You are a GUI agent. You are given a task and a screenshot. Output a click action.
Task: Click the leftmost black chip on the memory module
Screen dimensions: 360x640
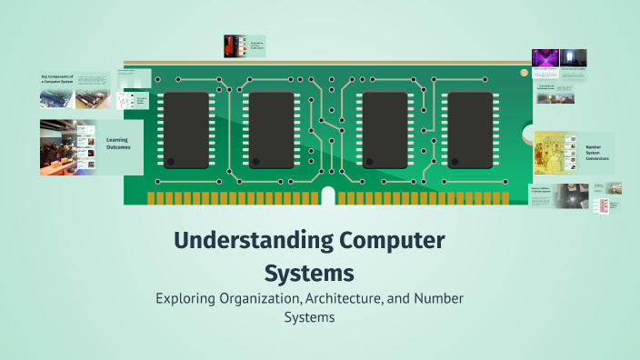184,128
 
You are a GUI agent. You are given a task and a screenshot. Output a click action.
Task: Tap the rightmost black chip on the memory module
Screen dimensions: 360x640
470,128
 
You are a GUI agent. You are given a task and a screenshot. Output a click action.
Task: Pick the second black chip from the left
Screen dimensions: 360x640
271,128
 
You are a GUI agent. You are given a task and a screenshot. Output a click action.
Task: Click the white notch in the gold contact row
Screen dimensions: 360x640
328,195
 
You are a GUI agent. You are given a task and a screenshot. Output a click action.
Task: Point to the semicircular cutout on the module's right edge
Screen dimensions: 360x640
529,134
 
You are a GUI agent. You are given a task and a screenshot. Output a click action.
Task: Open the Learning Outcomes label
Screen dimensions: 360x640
116,144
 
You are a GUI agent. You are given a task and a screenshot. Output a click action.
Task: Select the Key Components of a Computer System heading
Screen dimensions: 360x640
56,80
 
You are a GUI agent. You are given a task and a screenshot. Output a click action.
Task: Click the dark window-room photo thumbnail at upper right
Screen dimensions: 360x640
573,58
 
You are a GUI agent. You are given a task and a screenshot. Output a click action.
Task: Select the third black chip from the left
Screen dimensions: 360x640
383,128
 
